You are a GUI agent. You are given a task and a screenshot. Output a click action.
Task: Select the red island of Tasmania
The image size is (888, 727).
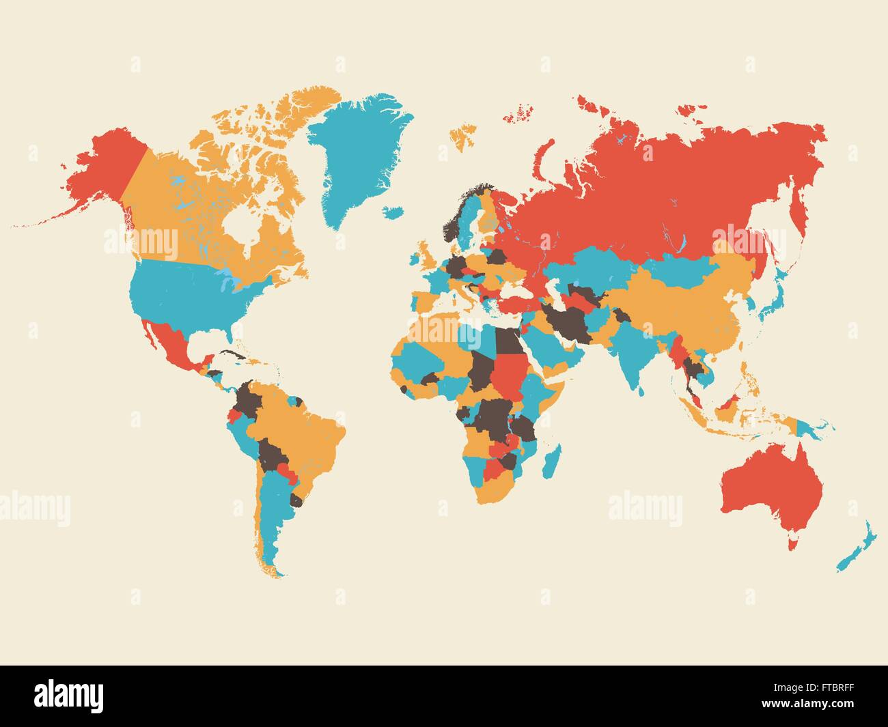point(792,543)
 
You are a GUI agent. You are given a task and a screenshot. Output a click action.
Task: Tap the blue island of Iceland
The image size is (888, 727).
point(393,212)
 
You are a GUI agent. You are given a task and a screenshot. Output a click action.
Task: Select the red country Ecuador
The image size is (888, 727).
point(235,415)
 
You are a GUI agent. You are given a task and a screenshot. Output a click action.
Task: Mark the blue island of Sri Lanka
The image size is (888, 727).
point(642,389)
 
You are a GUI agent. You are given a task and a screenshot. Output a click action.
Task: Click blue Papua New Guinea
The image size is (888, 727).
point(816,429)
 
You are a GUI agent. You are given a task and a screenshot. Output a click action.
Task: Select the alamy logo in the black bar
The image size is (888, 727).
point(70,695)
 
